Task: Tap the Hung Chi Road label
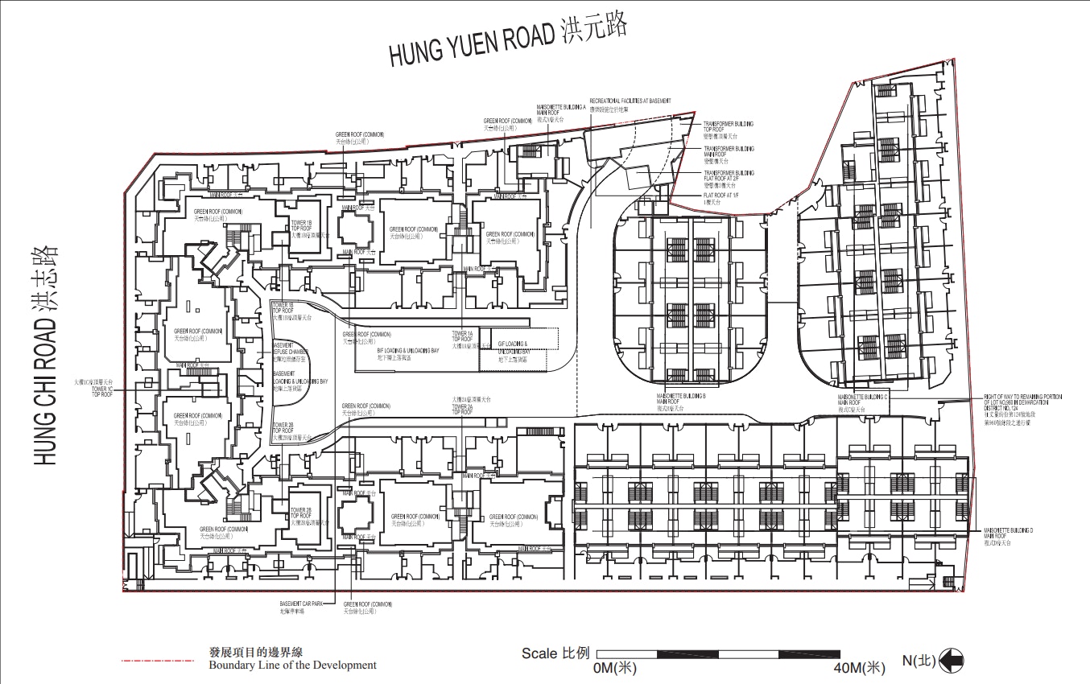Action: (47, 355)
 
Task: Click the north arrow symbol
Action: (951, 661)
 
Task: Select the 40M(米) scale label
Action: (859, 668)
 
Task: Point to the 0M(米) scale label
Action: (615, 668)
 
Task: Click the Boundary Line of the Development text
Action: (292, 665)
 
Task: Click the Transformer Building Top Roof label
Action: (728, 127)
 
